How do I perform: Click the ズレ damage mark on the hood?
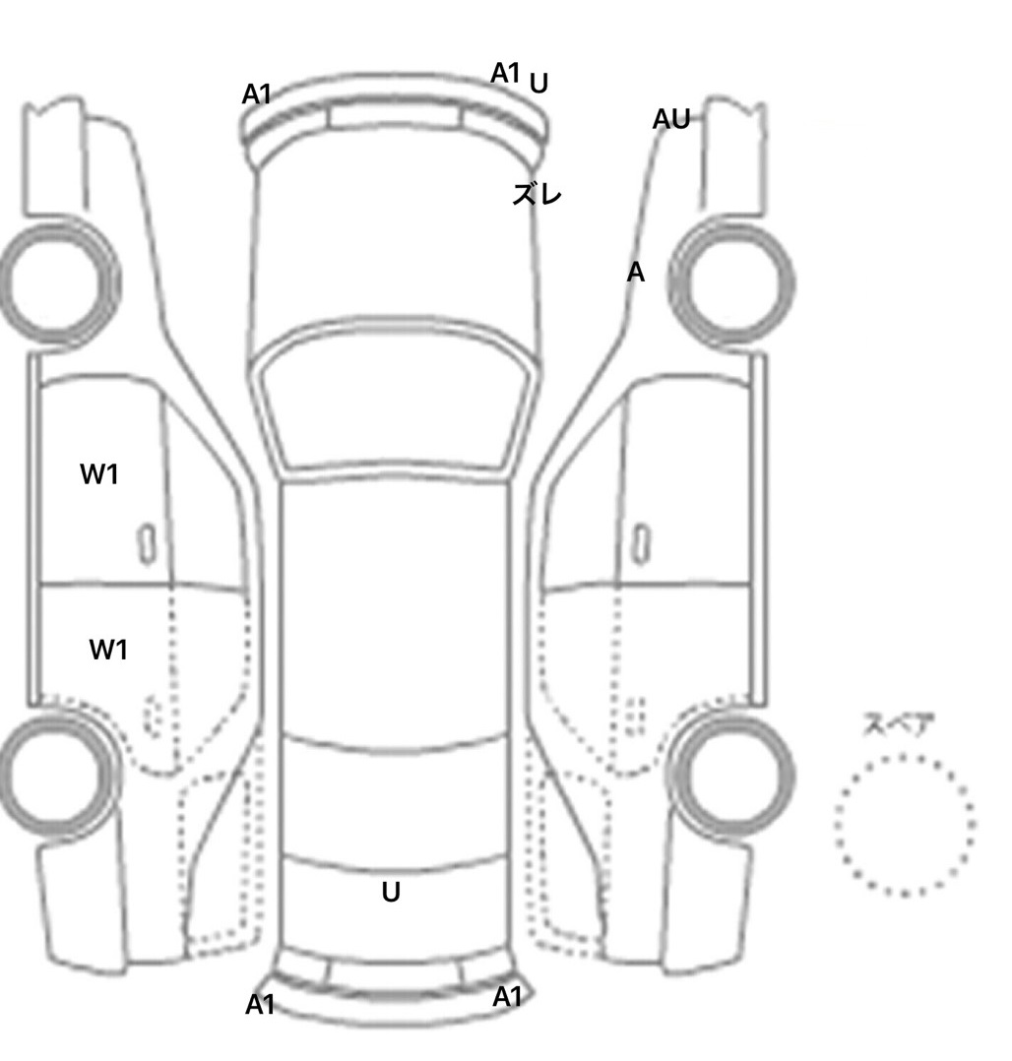coord(536,194)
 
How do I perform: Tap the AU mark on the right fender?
coord(671,120)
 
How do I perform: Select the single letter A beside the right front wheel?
coord(636,273)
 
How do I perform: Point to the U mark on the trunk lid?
coord(391,893)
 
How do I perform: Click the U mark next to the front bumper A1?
coord(538,85)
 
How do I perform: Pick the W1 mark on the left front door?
coord(98,474)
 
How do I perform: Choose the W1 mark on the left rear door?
coord(108,650)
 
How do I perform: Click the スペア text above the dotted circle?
coord(897,726)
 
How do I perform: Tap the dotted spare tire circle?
coord(906,825)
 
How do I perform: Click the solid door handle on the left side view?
coord(146,543)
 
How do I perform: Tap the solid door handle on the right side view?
coord(642,543)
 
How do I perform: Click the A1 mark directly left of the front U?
coord(505,73)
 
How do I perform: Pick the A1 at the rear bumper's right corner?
coord(507,997)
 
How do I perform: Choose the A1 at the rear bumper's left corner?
coord(260,1005)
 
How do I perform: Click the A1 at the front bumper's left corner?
coord(257,94)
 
